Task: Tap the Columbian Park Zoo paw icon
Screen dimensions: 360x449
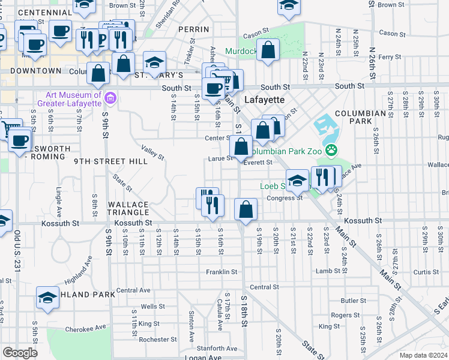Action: [x=330, y=149]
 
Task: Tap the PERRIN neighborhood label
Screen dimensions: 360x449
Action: [x=193, y=29]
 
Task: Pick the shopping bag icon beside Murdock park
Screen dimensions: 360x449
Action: [x=268, y=50]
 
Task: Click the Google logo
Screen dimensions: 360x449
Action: [x=20, y=352]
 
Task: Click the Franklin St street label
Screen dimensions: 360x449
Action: [x=222, y=272]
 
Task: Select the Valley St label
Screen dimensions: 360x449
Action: [x=152, y=152]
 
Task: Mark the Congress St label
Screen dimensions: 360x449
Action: [x=285, y=198]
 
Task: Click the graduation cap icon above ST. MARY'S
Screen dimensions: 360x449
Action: [x=154, y=62]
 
